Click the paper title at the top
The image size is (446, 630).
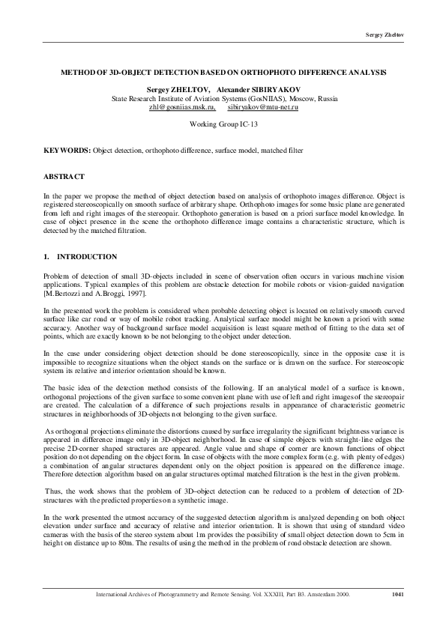[223, 73]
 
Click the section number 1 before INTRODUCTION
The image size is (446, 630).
[46, 257]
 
